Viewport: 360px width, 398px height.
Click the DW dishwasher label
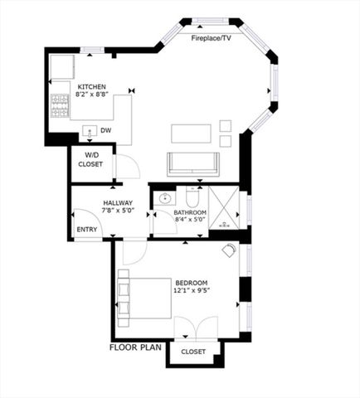105,130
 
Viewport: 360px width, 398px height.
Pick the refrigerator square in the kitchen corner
62,67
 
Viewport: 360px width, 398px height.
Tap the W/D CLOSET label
90,159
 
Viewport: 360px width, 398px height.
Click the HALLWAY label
119,203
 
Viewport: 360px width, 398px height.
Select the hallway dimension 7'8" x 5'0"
119,211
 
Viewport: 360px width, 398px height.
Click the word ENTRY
86,230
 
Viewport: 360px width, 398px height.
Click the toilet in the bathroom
192,199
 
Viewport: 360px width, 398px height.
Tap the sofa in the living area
192,163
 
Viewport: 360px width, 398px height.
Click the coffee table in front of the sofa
191,133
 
